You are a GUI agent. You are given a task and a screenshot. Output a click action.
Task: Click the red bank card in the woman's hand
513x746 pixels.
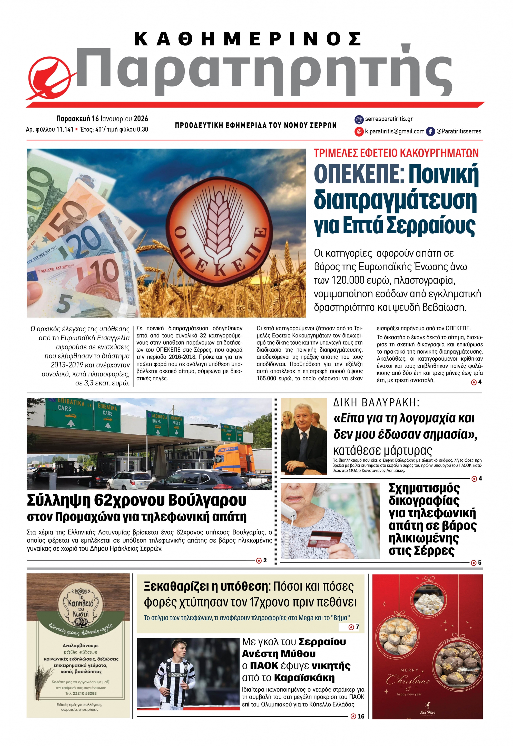(x=325, y=539)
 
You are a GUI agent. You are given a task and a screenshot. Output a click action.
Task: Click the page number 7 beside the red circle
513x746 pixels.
(x=357, y=627)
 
